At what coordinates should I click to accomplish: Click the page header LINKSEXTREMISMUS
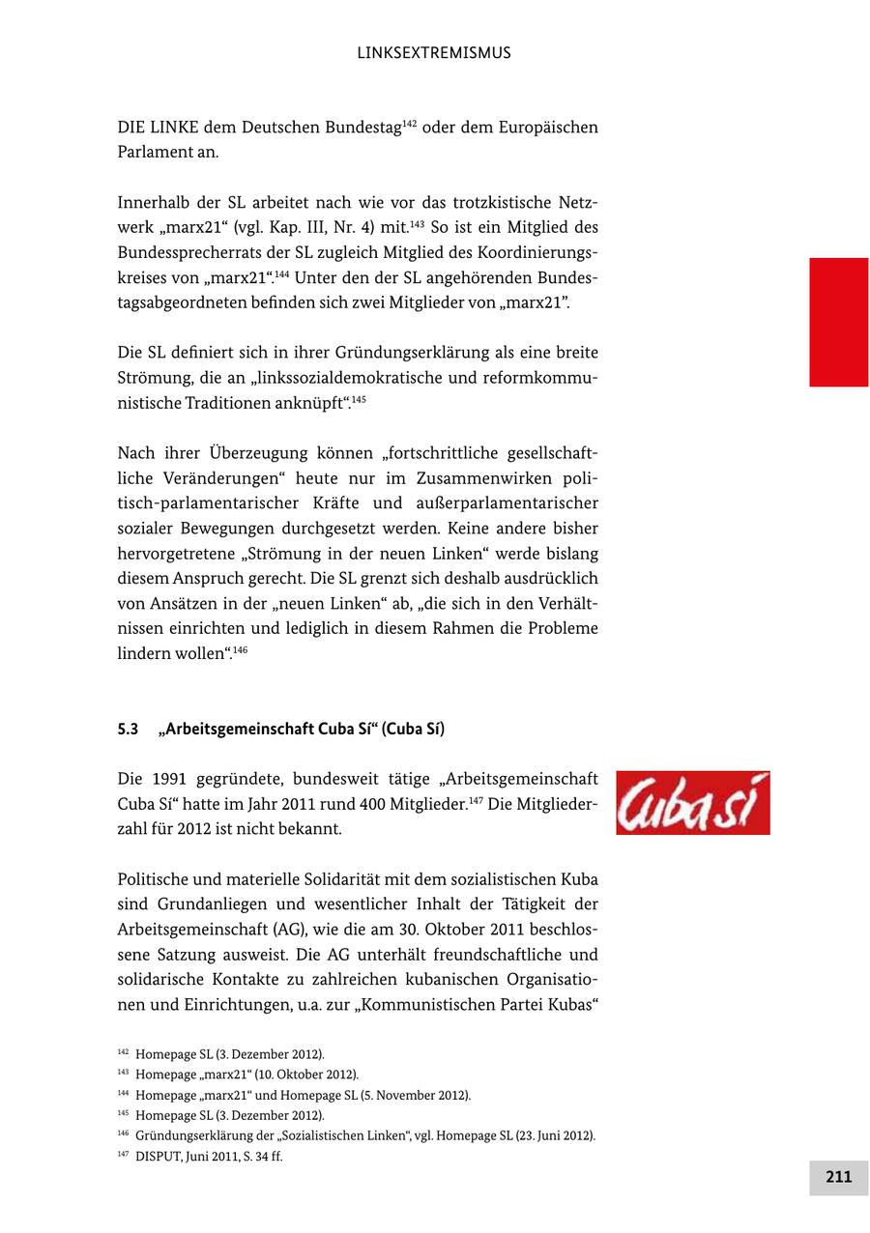(x=434, y=53)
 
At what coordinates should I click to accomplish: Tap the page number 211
(x=838, y=1176)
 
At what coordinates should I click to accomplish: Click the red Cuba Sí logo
(x=692, y=803)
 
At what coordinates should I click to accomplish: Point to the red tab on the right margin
(x=838, y=322)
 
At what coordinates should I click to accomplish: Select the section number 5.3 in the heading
(x=128, y=730)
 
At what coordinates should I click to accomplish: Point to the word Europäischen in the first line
(x=547, y=128)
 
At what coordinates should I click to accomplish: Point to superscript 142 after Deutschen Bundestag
(x=409, y=123)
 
